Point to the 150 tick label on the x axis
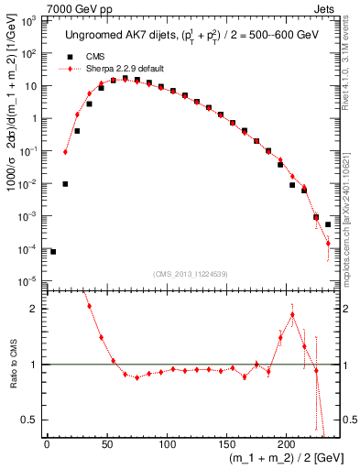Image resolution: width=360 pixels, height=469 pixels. point(226,445)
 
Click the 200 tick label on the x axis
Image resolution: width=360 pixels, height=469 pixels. point(286,445)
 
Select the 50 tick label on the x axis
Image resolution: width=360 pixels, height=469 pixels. point(106,445)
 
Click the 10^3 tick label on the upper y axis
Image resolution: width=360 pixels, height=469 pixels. point(30,20)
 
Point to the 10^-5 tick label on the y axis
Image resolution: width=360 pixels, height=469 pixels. point(30,281)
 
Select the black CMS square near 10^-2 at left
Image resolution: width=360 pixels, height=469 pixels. point(65,184)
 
